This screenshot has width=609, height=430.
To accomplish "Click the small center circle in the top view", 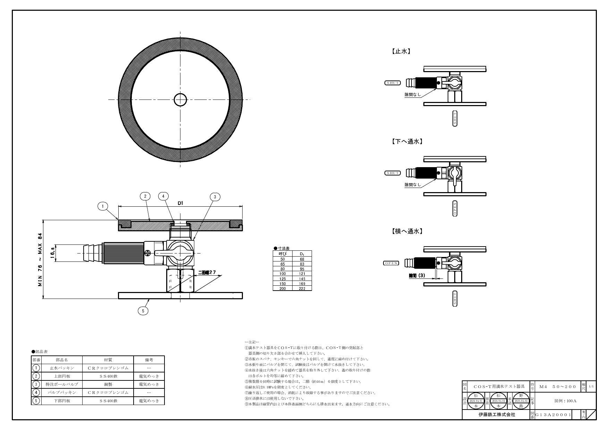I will coord(180,100).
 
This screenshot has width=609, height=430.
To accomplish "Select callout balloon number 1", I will coord(103,206).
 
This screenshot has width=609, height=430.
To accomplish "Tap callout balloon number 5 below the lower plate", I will coord(143,311).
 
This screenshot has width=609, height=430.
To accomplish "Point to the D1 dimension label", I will coord(180,203).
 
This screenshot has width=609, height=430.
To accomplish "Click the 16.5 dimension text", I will coord(52,253).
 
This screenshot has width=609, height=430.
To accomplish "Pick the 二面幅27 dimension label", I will coord(209,273).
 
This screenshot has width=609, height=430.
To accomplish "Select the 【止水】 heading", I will coord(401,51).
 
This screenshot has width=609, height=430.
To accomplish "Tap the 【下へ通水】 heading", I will coord(407,141).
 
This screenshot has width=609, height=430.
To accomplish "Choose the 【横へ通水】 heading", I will coord(407,231).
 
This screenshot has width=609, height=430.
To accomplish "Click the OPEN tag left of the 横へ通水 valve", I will coord(391,263).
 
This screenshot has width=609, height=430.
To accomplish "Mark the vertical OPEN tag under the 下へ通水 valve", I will coord(455,208).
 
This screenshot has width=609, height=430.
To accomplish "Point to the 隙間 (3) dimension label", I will coord(417,276).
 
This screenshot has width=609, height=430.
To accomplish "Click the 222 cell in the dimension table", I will coord(302,289).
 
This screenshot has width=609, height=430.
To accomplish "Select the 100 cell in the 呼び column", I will coord(282,274).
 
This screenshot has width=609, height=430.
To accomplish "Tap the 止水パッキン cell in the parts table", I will coord(62,368).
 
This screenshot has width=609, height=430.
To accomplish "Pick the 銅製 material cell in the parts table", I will coord(108,384).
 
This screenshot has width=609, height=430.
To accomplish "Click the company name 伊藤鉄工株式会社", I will coord(497,415).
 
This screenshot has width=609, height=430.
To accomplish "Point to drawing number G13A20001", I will coord(553,415).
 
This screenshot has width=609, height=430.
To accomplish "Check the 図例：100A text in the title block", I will coord(565,401).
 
